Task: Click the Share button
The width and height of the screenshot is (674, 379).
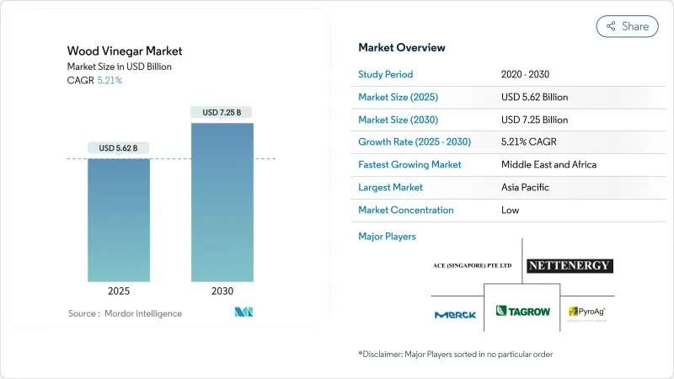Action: point(628,26)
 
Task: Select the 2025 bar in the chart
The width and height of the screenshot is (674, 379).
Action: point(119,220)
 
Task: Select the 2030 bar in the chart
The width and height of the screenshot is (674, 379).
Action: point(222,202)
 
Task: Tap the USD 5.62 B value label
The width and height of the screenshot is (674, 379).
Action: point(119,148)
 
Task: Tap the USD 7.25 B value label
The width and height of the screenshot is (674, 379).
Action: point(222,112)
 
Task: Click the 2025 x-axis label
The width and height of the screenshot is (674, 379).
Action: point(119,292)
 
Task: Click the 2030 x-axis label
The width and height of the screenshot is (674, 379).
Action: point(222,292)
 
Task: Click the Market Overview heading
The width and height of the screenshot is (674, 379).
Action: point(402,47)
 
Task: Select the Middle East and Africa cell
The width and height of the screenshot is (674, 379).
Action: point(548,164)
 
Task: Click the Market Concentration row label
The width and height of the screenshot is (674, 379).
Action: point(406,210)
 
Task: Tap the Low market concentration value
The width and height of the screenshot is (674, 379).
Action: point(510,210)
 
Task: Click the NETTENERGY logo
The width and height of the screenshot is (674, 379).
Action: point(570,266)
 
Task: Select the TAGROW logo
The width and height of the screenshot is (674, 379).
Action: point(522,312)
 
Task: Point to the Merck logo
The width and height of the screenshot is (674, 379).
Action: point(455,314)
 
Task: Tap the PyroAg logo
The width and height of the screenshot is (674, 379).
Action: point(587,312)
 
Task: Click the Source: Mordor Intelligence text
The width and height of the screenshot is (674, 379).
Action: point(125,313)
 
